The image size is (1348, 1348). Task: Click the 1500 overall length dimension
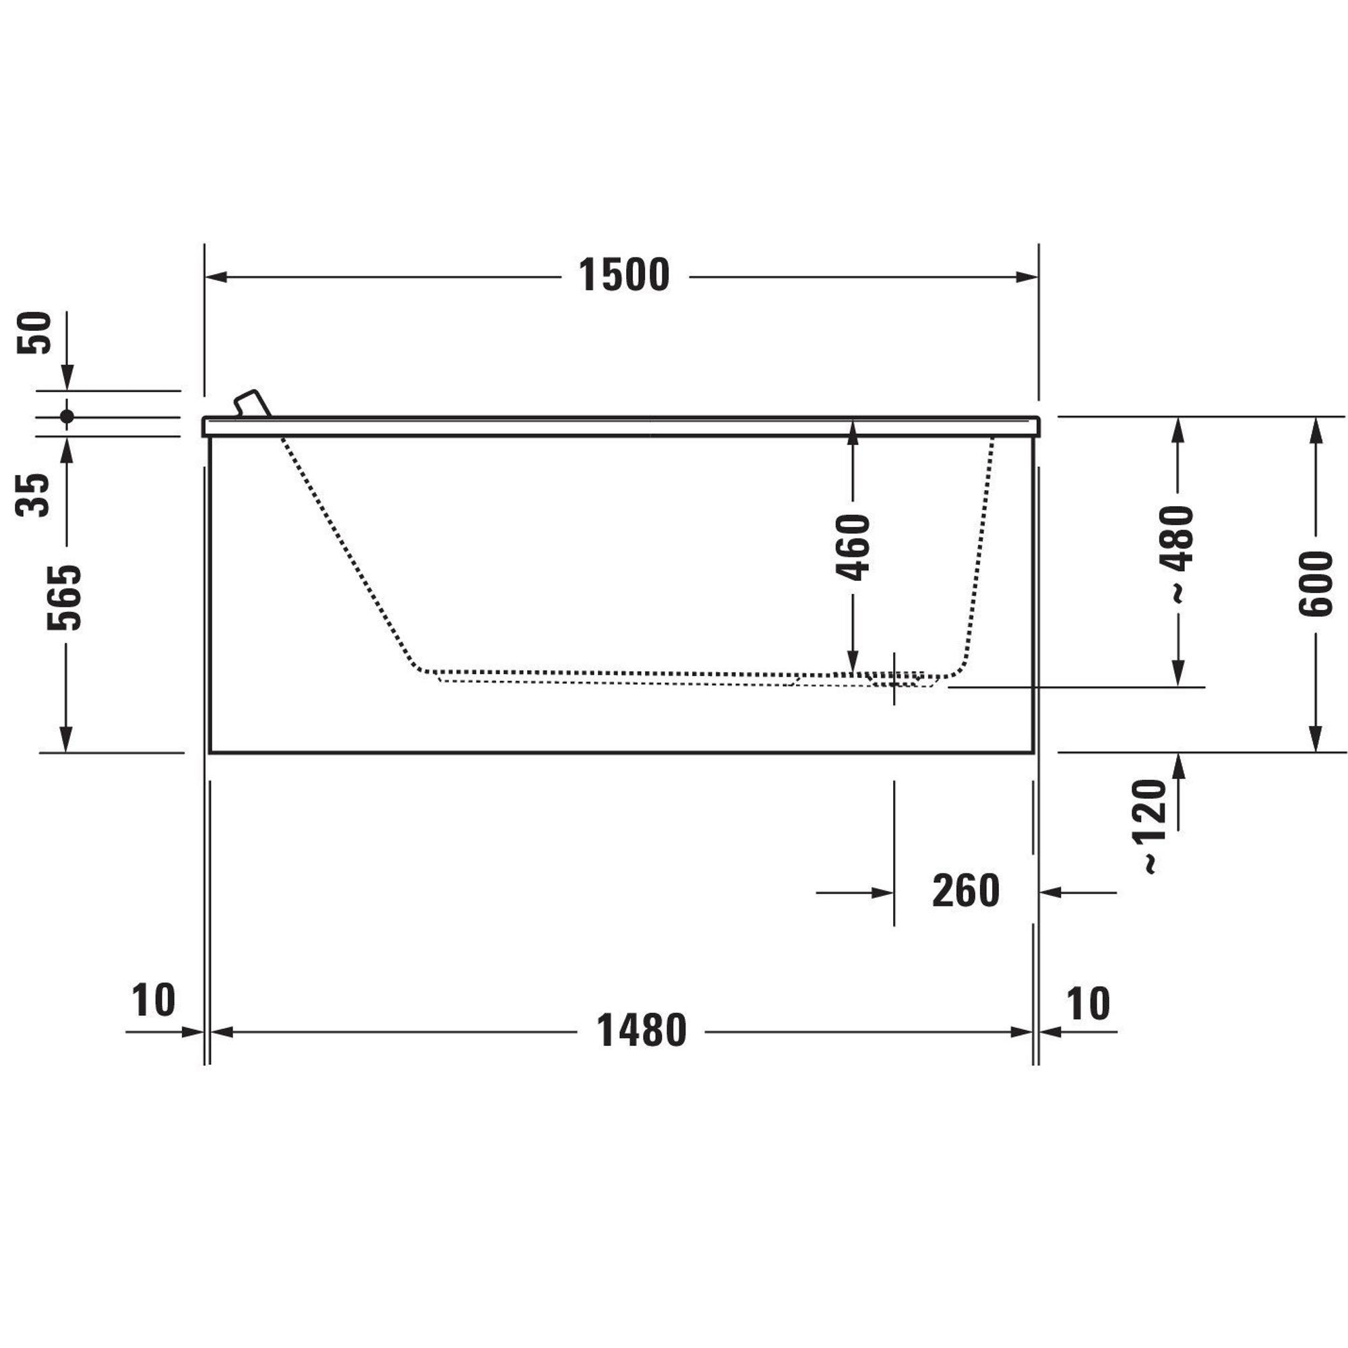pyautogui.click(x=623, y=275)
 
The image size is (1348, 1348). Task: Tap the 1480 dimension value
pyautogui.click(x=641, y=1031)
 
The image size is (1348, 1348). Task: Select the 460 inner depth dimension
pyautogui.click(x=853, y=547)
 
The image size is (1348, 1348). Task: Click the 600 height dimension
pyautogui.click(x=1315, y=584)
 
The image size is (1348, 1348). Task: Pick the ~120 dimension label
pyautogui.click(x=1151, y=827)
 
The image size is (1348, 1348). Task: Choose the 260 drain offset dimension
pyautogui.click(x=966, y=891)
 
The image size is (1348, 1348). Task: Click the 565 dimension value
pyautogui.click(x=65, y=598)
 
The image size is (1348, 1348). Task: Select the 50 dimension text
pyautogui.click(x=35, y=332)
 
